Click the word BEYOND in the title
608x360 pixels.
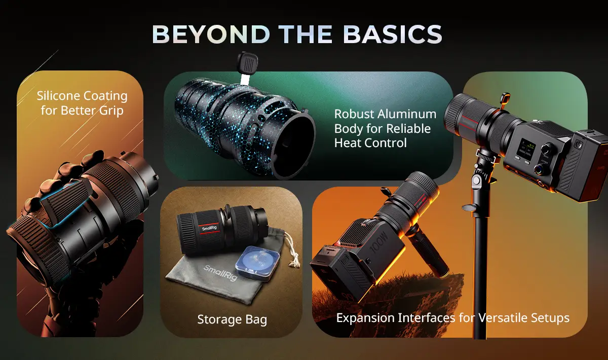(x=211, y=34)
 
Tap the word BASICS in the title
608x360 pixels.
(x=393, y=34)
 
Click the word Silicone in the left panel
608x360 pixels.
(x=58, y=96)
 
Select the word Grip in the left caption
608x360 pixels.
(x=111, y=111)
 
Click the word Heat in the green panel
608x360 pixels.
(x=348, y=142)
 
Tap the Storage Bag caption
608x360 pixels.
(x=232, y=319)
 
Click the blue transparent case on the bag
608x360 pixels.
(x=257, y=263)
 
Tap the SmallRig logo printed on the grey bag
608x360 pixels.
(x=220, y=272)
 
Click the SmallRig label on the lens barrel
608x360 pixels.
(x=209, y=228)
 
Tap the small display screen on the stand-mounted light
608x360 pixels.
(x=527, y=149)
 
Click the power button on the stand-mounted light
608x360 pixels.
(x=579, y=145)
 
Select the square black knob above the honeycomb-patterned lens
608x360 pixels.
(x=247, y=62)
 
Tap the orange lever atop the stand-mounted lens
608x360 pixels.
(x=505, y=100)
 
